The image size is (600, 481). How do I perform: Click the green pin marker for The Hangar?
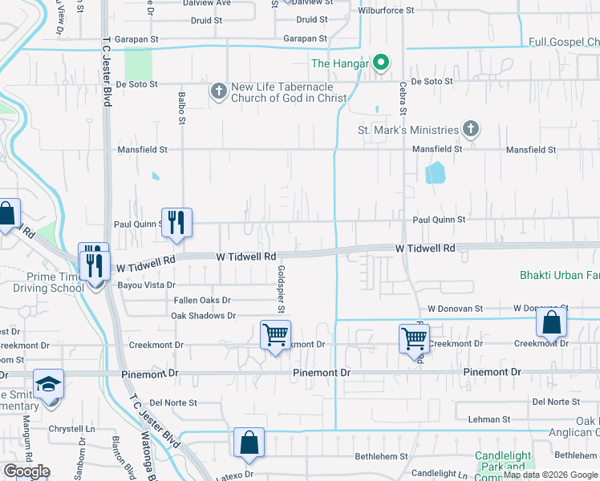(383, 62)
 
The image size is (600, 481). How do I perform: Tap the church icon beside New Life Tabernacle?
(218, 91)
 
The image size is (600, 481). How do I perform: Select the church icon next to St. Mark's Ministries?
(471, 129)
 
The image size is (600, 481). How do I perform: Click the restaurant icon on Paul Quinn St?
(177, 221)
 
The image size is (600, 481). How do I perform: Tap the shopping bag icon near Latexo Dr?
(249, 442)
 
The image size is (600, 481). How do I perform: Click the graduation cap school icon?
(48, 383)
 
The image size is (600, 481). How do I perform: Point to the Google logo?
(26, 471)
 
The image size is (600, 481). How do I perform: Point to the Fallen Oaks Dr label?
(203, 300)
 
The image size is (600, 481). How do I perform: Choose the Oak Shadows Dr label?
(203, 316)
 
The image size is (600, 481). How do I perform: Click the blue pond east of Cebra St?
(434, 172)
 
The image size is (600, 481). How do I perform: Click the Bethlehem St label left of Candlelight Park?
(381, 456)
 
